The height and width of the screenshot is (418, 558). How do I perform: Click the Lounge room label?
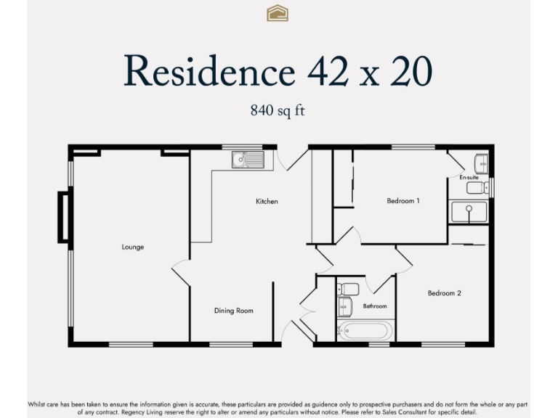133,247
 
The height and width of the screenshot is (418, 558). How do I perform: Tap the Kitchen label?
267,201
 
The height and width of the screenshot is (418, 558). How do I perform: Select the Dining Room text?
233,311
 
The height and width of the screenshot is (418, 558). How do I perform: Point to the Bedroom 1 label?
403,200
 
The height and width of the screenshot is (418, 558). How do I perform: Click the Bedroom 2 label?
444,293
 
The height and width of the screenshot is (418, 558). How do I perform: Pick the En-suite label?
469,177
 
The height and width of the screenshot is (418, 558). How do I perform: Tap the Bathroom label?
375,306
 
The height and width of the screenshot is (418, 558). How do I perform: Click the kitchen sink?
248,159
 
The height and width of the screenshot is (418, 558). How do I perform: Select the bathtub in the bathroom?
365,331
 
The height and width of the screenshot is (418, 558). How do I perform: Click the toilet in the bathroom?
347,289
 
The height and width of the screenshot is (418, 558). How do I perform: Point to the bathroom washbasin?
344,307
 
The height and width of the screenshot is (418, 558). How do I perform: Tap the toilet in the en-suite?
476,189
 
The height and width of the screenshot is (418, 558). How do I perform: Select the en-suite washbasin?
480,163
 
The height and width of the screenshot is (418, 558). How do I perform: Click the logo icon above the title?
278,13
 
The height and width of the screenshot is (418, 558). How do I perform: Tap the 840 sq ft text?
278,110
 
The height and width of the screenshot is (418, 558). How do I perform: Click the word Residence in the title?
209,71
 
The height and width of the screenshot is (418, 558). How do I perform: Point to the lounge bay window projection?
64,216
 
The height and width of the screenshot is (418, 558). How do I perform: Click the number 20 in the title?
411,71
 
